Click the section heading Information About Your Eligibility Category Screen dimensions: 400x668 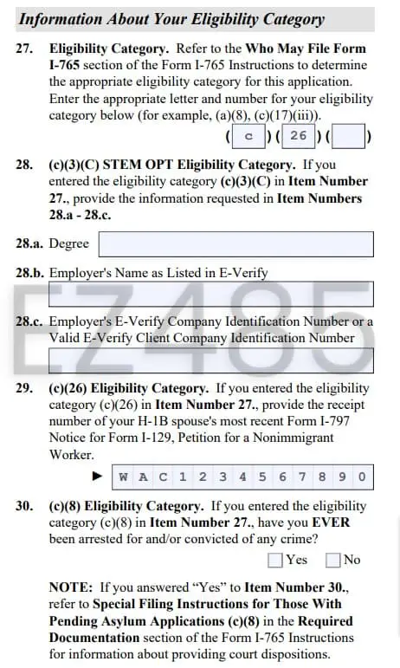[x=171, y=19]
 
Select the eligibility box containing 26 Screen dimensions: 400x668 [x=298, y=136]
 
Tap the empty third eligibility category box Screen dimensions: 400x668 [x=347, y=136]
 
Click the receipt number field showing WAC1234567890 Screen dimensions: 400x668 [x=242, y=476]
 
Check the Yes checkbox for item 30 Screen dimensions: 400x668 [x=275, y=560]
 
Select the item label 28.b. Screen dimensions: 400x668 [x=29, y=272]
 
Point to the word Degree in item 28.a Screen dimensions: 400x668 [x=69, y=244]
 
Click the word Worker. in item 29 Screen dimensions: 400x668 [x=70, y=454]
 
